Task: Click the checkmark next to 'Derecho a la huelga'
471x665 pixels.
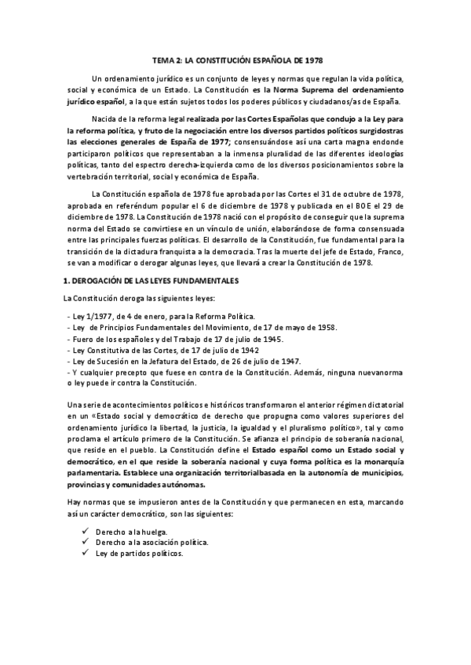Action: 84,531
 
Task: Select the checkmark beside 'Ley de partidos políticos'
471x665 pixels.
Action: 84,553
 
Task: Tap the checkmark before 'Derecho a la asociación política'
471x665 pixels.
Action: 84,542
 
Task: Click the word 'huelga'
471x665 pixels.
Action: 152,532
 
